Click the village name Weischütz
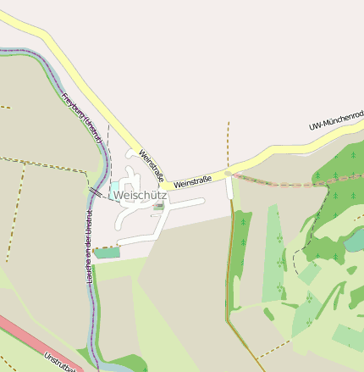(x=140, y=196)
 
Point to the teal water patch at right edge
(x=356, y=241)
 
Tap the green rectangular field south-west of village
(x=108, y=253)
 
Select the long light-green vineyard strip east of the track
(x=273, y=254)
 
